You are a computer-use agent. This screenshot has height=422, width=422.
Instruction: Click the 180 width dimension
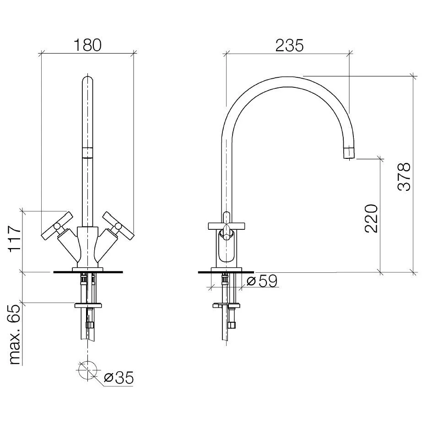pos(87,45)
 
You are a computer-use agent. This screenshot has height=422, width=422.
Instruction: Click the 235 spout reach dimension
pos(289,45)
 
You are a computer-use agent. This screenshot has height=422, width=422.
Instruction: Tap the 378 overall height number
pos(404,177)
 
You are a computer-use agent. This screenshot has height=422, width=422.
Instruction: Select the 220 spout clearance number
pos(371,218)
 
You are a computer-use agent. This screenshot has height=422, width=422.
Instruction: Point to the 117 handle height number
pos(15,239)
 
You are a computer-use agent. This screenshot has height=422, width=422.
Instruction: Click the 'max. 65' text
pos(15,335)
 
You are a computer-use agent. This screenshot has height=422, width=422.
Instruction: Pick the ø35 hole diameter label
pos(119,377)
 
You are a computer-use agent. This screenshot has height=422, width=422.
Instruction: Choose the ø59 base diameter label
pos(262,281)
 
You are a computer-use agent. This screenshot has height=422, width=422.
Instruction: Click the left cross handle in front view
pos(58,226)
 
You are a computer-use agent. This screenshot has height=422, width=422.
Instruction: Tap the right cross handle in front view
pos(118,226)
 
